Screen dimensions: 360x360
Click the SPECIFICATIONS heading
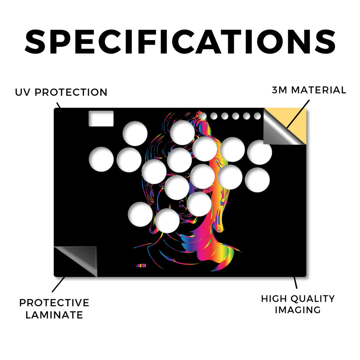coord(180,42)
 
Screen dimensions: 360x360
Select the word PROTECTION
coord(71,92)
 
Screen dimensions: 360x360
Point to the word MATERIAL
coord(319,90)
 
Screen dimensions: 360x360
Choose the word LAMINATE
coord(54,315)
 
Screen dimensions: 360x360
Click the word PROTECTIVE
coord(54,303)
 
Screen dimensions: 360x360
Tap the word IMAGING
coord(298,310)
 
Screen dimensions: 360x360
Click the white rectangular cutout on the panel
coord(101,118)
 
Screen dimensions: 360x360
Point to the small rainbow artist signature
coord(141,266)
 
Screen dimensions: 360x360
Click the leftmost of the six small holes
coord(203,116)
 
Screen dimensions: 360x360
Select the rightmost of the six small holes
coord(257,116)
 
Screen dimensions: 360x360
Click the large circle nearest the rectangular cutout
coord(135,133)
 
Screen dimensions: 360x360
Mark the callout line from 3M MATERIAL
coord(298,114)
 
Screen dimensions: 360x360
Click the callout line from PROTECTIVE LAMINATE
coord(58,284)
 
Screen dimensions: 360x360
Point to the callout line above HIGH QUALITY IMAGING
coord(295,283)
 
